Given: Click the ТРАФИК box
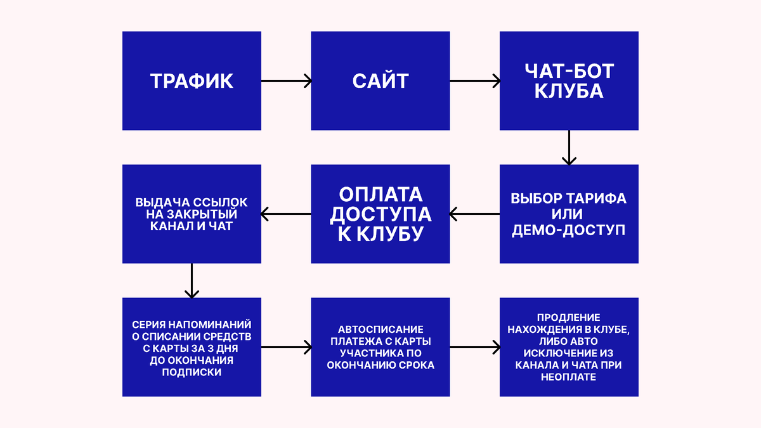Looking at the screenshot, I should (192, 81).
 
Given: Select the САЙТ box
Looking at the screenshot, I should (380, 81).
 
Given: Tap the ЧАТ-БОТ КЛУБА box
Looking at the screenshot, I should (569, 81).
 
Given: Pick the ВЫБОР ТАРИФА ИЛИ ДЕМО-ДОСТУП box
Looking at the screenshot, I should (569, 214).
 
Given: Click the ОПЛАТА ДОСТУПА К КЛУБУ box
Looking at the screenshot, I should (380, 214).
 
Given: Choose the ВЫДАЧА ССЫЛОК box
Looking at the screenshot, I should (192, 214).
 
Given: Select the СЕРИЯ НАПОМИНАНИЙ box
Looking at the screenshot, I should (192, 347).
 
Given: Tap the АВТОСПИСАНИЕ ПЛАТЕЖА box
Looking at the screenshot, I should (380, 347).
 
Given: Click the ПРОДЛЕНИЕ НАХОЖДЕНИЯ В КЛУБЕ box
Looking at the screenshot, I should (569, 347).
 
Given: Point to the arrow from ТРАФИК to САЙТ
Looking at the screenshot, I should (286, 81).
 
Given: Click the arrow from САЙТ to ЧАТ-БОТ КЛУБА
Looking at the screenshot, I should (475, 81).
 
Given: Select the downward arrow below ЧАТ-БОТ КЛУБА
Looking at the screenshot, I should (569, 148).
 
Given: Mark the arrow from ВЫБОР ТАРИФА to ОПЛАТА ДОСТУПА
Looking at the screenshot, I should (475, 214).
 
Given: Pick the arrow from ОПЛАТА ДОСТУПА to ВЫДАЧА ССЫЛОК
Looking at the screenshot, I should (286, 214).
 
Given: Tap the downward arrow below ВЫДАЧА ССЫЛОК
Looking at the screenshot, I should (192, 281).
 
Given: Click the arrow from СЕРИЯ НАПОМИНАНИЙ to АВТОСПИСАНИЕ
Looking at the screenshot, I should (286, 347).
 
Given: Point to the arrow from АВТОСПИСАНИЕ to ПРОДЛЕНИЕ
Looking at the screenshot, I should (475, 347).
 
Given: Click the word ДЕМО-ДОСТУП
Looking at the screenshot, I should (569, 230).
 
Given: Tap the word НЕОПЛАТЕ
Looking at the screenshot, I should (569, 377).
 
